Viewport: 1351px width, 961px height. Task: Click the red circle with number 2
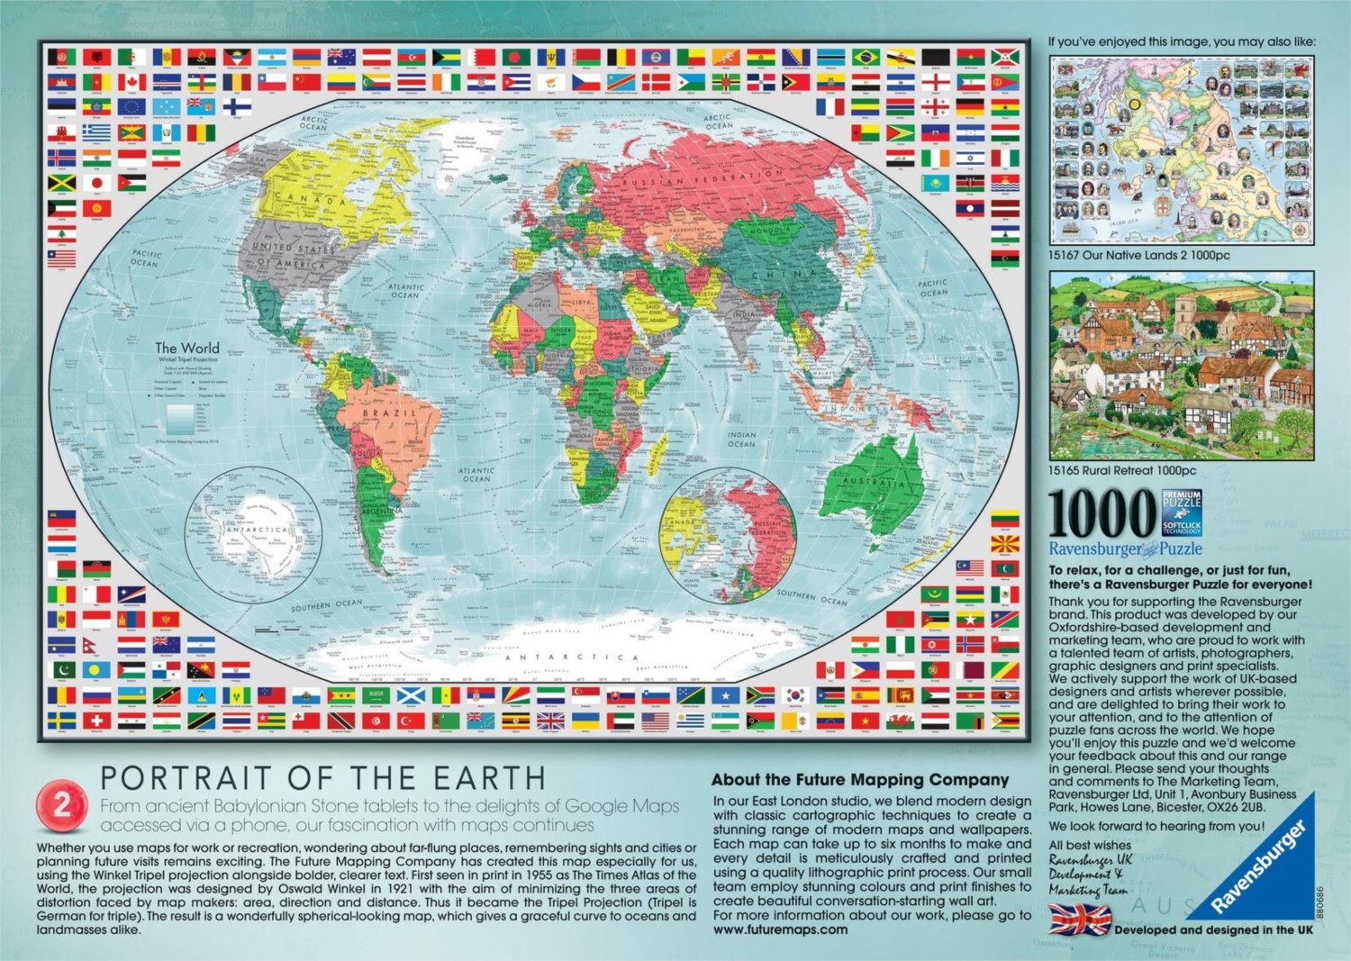(x=62, y=806)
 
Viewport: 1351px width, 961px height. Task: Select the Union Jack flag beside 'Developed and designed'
(x=1081, y=920)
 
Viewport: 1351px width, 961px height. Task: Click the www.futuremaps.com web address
(x=780, y=929)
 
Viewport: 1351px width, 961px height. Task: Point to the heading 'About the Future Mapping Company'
(x=860, y=780)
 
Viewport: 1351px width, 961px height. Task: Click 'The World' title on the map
(x=186, y=348)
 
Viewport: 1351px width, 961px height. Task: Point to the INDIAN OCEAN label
(x=741, y=439)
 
